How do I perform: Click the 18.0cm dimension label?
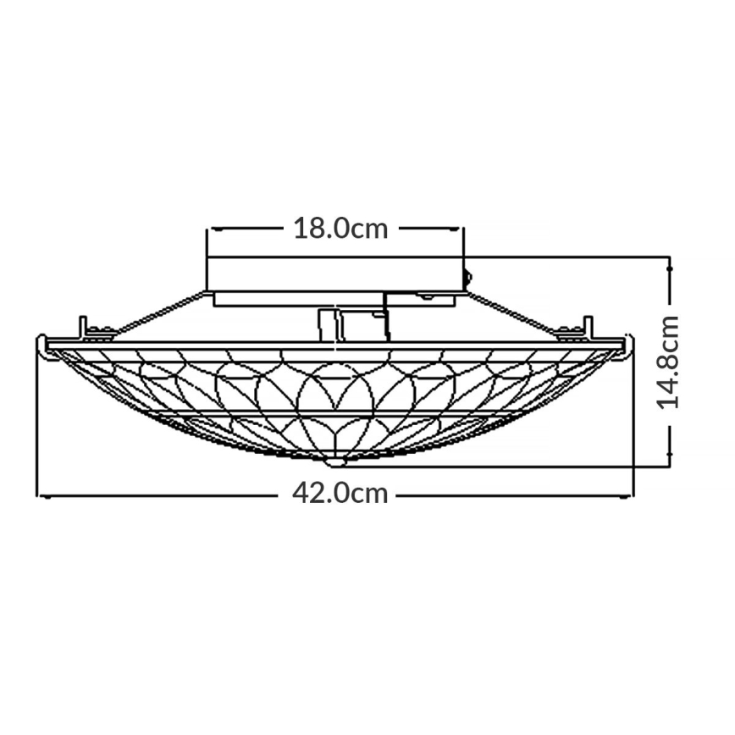point(340,229)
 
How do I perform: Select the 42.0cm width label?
point(340,493)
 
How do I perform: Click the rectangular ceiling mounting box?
point(336,274)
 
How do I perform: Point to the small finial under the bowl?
point(336,462)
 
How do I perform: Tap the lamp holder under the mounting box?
point(351,324)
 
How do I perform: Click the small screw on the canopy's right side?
point(467,274)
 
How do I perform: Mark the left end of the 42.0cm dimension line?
point(38,495)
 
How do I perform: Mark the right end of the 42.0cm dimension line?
point(633,495)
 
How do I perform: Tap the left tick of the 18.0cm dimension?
point(210,229)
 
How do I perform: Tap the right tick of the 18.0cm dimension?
point(463,229)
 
